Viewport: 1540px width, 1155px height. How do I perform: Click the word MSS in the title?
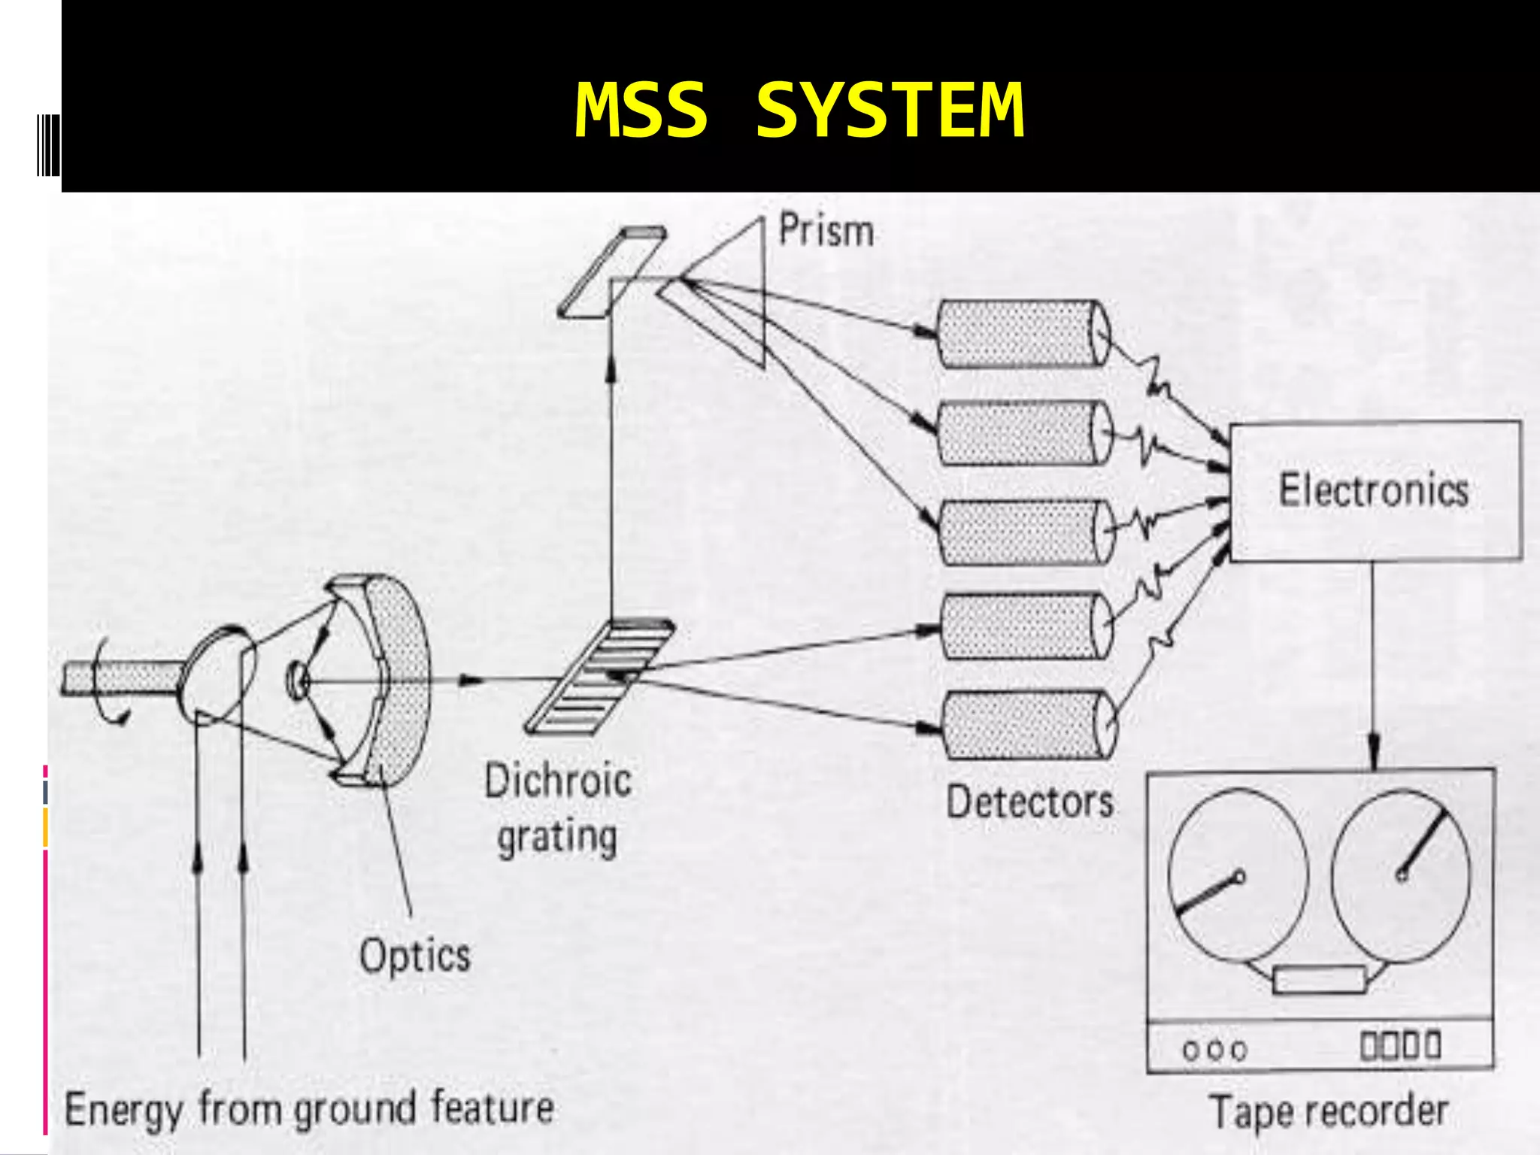641,111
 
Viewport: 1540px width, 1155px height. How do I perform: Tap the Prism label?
826,230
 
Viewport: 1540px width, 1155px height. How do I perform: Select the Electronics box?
1375,490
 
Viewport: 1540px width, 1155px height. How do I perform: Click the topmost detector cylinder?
1023,334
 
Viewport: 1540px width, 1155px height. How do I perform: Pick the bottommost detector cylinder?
1027,725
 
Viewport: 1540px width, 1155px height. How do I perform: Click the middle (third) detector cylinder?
1026,532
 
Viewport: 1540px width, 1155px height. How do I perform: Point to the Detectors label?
1029,802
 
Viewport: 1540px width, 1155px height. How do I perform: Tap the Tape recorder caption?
1328,1111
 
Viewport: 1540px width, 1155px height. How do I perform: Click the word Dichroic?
557,781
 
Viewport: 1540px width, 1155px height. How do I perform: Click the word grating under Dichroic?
557,838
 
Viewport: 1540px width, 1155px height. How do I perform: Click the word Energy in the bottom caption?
123,1110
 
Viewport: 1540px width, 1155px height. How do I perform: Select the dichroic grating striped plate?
600,675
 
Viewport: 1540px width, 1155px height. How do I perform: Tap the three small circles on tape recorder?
1214,1050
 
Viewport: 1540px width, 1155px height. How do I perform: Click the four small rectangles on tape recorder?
1400,1045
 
